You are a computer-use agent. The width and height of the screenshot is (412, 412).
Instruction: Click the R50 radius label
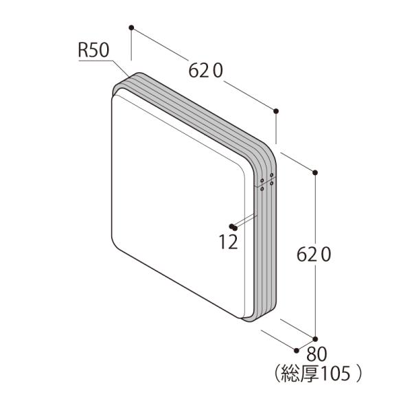pyautogui.click(x=93, y=50)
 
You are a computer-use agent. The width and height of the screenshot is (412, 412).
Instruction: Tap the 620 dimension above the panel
pyautogui.click(x=206, y=71)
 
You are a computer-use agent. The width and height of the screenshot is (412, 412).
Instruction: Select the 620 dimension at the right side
pyautogui.click(x=314, y=255)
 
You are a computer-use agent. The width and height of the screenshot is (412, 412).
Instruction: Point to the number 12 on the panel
pyautogui.click(x=228, y=242)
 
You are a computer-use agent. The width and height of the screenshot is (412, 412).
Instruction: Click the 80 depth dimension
pyautogui.click(x=317, y=354)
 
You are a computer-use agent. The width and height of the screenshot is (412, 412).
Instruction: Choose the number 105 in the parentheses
pyautogui.click(x=335, y=374)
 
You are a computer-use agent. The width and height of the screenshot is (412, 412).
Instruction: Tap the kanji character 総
pyautogui.click(x=290, y=374)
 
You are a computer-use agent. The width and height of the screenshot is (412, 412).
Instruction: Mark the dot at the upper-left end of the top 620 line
pyautogui.click(x=131, y=27)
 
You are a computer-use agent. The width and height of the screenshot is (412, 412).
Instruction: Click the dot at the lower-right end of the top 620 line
pyautogui.click(x=276, y=111)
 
